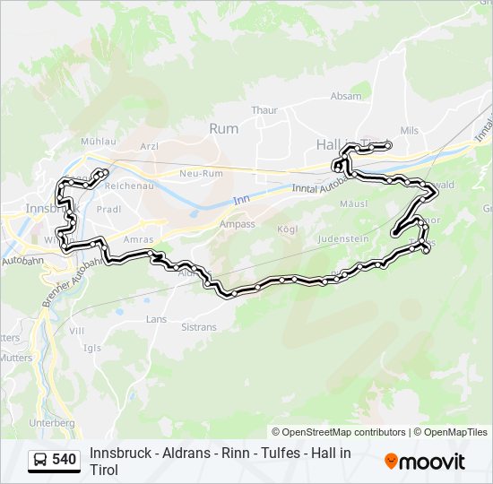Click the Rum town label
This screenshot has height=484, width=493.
coord(224,128)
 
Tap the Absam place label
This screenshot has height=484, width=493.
coord(346,96)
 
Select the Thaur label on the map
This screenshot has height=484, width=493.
coord(264,109)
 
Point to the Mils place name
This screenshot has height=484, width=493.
coord(409,130)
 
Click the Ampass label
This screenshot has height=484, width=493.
coord(237,224)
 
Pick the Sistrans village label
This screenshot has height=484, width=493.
coord(198,327)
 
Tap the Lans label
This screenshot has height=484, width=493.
coord(156,318)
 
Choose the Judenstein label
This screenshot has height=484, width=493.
coord(342,239)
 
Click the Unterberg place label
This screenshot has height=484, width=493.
coord(51,422)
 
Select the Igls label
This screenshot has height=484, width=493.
coord(92,348)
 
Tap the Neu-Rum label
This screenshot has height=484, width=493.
coord(200,172)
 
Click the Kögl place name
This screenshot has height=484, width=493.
coord(288,229)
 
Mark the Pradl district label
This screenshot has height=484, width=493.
coord(108,209)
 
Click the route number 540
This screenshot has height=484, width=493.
coord(65,460)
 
